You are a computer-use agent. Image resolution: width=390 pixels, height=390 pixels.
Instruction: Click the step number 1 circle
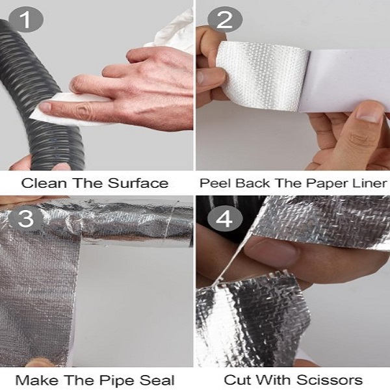(26, 19)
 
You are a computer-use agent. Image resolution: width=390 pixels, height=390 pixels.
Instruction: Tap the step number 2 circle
(225, 19)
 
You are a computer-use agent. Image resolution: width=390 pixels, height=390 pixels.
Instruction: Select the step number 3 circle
(26, 219)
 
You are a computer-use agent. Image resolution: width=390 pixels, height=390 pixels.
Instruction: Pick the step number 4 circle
(225, 219)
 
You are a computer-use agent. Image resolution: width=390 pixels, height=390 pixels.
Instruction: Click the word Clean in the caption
(44, 183)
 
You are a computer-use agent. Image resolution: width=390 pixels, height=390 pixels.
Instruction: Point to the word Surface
(138, 183)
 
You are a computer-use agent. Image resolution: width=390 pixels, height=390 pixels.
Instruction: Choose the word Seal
(157, 380)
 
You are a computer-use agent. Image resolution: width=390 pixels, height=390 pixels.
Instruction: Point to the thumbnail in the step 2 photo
(370, 114)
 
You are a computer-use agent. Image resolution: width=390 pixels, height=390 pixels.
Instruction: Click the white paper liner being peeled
(346, 79)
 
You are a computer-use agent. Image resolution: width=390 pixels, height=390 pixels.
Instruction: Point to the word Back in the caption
(253, 183)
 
